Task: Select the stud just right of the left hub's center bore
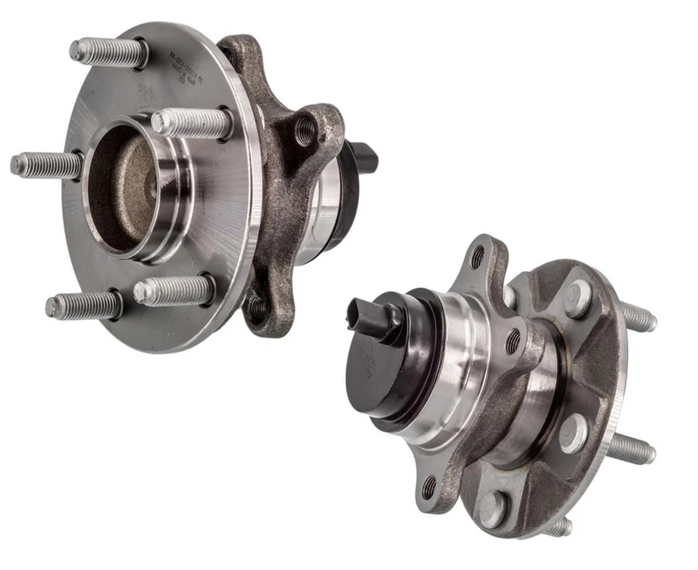point(190,123)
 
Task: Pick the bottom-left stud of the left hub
point(81,306)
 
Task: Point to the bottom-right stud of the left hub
point(173,291)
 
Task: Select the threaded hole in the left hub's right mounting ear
point(306,132)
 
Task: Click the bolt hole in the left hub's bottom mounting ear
point(257,308)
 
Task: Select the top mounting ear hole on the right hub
point(477,257)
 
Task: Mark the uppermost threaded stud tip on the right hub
point(640,317)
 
